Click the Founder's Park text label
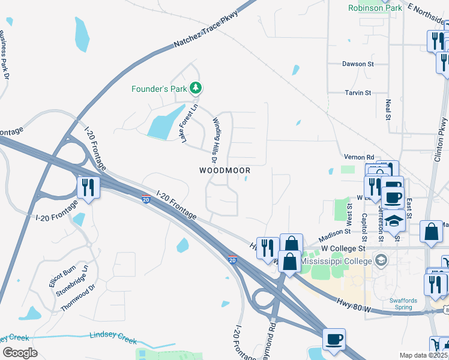158,89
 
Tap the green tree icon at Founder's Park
195,89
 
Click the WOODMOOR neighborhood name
224,170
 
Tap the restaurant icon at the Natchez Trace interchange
88,188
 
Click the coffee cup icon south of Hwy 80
334,339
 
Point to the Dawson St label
358,63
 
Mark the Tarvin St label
358,92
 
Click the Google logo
20,352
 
